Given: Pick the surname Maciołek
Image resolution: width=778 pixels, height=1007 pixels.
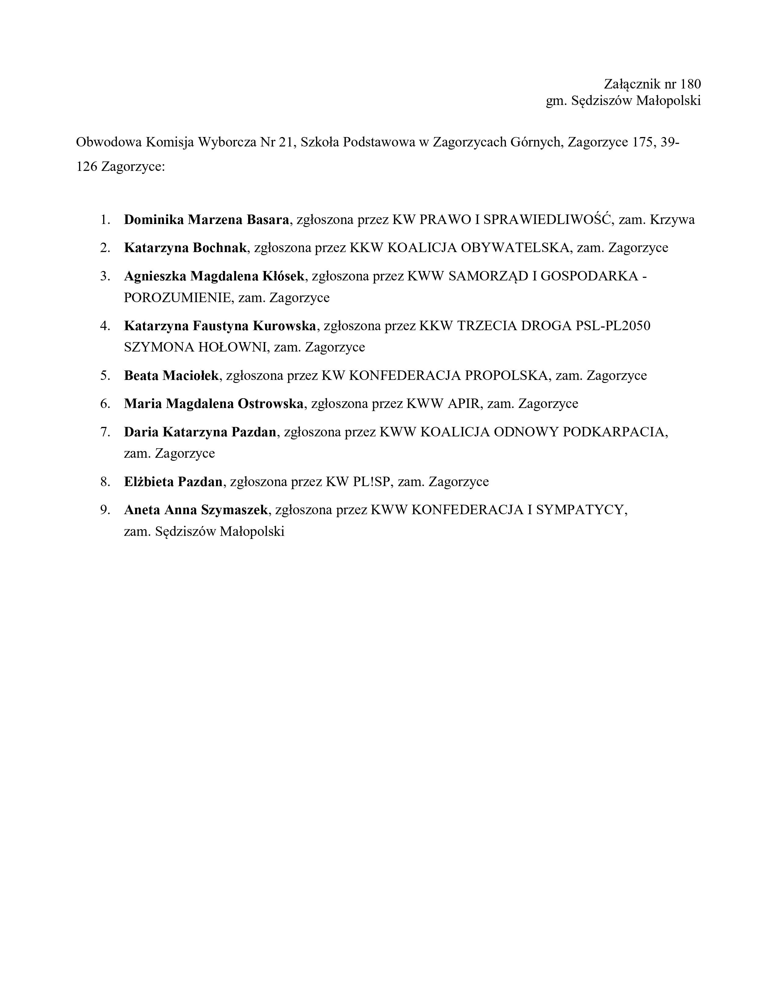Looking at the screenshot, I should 195,375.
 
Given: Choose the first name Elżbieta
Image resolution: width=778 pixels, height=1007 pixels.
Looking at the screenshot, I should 148,482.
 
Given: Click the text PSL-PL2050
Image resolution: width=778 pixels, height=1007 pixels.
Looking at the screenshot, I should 613,326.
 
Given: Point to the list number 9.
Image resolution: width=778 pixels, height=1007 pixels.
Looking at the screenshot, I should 105,510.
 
